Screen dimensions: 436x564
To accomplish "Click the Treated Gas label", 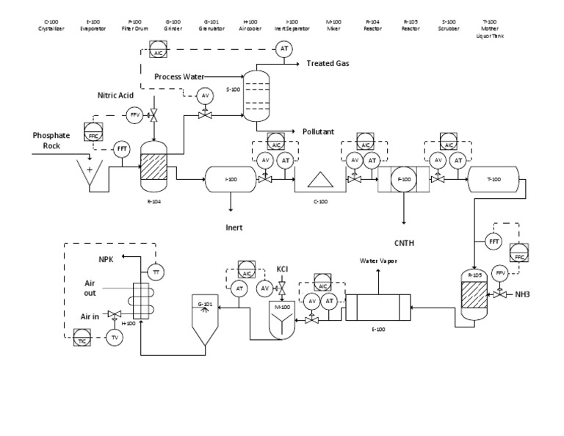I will (x=328, y=64).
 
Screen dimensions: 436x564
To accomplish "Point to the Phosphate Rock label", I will (x=51, y=140).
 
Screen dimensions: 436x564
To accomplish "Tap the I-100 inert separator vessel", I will (x=231, y=180).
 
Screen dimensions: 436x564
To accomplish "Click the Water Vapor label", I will (x=377, y=261).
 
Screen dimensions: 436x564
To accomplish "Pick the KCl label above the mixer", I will (x=283, y=269).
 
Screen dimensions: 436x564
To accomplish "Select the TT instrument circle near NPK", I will (x=155, y=272).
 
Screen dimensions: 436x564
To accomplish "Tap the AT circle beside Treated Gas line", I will (x=283, y=49).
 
